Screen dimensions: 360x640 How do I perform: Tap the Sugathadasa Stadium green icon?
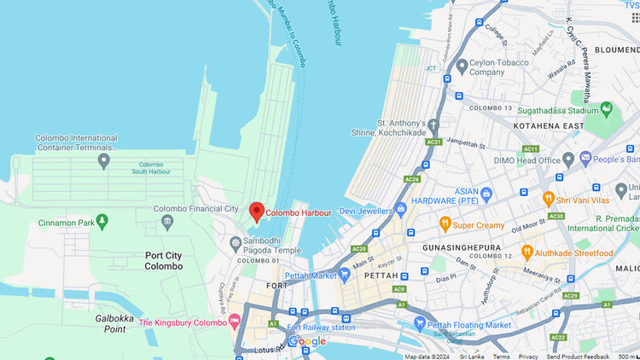tap(606, 110)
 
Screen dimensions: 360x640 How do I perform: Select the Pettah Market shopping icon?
tap(345, 274)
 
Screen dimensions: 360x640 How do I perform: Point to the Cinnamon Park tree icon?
tap(102, 223)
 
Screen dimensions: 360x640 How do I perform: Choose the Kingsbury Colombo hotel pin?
tap(234, 322)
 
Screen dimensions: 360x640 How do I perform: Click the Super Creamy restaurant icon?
tap(444, 224)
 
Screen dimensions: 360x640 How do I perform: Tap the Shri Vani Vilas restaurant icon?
tap(550, 199)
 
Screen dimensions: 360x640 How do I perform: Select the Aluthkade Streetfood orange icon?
tap(527, 253)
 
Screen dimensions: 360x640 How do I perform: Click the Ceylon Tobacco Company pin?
tap(462, 66)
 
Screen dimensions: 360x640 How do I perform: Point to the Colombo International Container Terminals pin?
tap(104, 160)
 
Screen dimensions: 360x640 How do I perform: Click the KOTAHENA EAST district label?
tap(549, 125)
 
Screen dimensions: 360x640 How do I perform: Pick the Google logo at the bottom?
tap(307, 341)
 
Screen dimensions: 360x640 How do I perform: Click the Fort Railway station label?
tap(321, 327)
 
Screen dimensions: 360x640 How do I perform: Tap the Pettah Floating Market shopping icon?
tap(419, 323)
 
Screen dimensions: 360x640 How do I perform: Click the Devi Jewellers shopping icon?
tap(399, 209)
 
